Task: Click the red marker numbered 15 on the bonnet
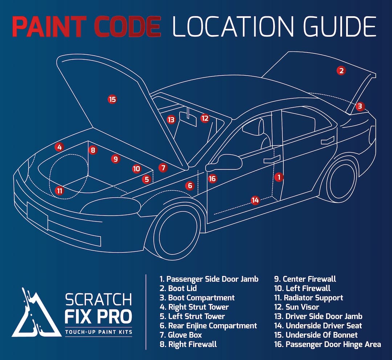(x=113, y=99)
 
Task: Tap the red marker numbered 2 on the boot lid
(x=340, y=70)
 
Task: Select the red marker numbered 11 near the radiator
(x=60, y=190)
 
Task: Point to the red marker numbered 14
(x=256, y=200)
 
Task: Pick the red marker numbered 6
(x=190, y=186)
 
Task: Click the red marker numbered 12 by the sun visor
(x=205, y=118)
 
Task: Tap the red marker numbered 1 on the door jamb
(x=279, y=177)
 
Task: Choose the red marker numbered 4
(x=59, y=147)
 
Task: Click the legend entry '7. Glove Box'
(x=181, y=335)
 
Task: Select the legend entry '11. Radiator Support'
(x=308, y=298)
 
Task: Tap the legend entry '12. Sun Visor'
(x=297, y=307)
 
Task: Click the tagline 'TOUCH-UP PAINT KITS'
(x=98, y=332)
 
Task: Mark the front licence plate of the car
(x=37, y=215)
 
